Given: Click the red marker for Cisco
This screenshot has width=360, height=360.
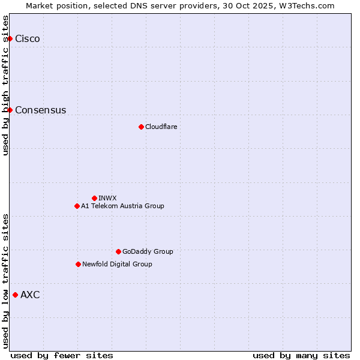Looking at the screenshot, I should tap(10, 39).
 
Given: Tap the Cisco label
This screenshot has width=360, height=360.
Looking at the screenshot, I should tap(28, 39).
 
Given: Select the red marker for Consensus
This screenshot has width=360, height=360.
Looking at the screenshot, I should tap(10, 110).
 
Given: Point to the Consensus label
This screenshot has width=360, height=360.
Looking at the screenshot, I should tap(40, 110).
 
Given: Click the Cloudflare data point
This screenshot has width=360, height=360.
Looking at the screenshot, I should tap(141, 127).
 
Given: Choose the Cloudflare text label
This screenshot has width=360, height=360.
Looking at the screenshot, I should tap(161, 127).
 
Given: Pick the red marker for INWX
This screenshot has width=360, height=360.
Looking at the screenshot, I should tap(94, 198).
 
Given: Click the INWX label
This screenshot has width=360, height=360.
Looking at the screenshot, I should tap(107, 198).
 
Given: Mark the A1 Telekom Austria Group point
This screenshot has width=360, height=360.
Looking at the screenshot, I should tap(77, 206).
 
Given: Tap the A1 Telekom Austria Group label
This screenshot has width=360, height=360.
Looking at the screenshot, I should tap(122, 206).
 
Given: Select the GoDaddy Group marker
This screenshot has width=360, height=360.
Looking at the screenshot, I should tap(118, 251).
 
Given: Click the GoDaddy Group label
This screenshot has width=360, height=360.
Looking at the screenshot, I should tap(147, 251).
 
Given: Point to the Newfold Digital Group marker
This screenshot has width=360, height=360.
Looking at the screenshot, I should tap(78, 264).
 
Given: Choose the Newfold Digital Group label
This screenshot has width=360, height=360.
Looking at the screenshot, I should tap(117, 264).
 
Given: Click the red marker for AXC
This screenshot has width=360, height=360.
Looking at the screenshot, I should tap(15, 295).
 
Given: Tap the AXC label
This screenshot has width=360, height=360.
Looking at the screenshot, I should tap(30, 295).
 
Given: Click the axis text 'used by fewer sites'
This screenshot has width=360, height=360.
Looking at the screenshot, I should tap(62, 355).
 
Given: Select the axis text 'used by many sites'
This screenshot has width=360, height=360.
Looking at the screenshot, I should tap(301, 355).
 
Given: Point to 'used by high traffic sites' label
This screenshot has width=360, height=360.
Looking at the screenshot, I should tap(5, 85).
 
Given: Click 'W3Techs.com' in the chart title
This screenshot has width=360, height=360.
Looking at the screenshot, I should tap(305, 5).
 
